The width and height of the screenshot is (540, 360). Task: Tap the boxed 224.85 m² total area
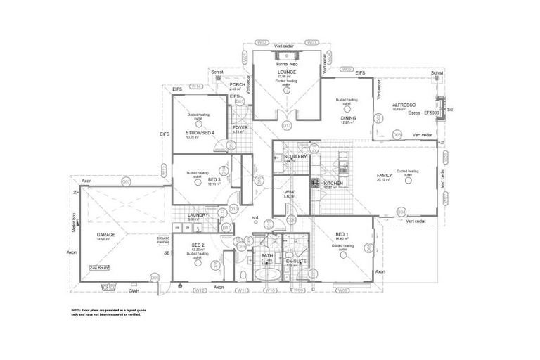(98, 267)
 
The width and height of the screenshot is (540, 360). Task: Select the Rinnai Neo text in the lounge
(286, 64)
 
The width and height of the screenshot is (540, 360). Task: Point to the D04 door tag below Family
(401, 211)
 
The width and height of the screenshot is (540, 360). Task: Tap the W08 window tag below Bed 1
(342, 290)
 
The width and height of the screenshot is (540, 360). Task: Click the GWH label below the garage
(134, 289)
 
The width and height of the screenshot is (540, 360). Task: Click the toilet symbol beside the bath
(243, 275)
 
